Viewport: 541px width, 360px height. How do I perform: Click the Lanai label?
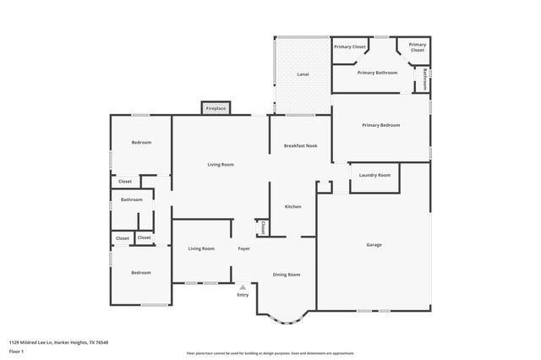pos(302,74)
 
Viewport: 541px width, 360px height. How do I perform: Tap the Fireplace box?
pos(216,108)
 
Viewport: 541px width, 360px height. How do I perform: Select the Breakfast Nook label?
pos(299,146)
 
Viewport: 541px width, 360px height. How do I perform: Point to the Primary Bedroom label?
pos(380,125)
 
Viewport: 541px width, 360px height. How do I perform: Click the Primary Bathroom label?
pos(377,73)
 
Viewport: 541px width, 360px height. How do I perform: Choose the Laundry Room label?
pos(374,175)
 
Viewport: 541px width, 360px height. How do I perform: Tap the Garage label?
pos(374,245)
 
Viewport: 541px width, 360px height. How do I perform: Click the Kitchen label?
pos(292,207)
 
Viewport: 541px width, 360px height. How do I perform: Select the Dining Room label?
pos(287,275)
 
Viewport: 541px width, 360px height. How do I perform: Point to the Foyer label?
pos(243,248)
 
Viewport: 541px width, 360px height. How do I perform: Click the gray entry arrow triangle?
pos(243,287)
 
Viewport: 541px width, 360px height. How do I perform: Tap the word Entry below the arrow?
pos(243,295)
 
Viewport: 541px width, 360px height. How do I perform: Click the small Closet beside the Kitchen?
pos(263,228)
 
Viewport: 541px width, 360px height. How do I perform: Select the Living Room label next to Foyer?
pos(201,248)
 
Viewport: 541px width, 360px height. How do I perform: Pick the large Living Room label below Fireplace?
pos(221,164)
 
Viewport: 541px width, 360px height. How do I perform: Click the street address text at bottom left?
pos(58,342)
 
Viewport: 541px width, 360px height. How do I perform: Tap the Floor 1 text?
pos(16,351)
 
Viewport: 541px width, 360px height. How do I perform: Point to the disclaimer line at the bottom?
pos(270,353)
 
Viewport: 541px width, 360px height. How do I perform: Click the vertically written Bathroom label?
pos(424,79)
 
